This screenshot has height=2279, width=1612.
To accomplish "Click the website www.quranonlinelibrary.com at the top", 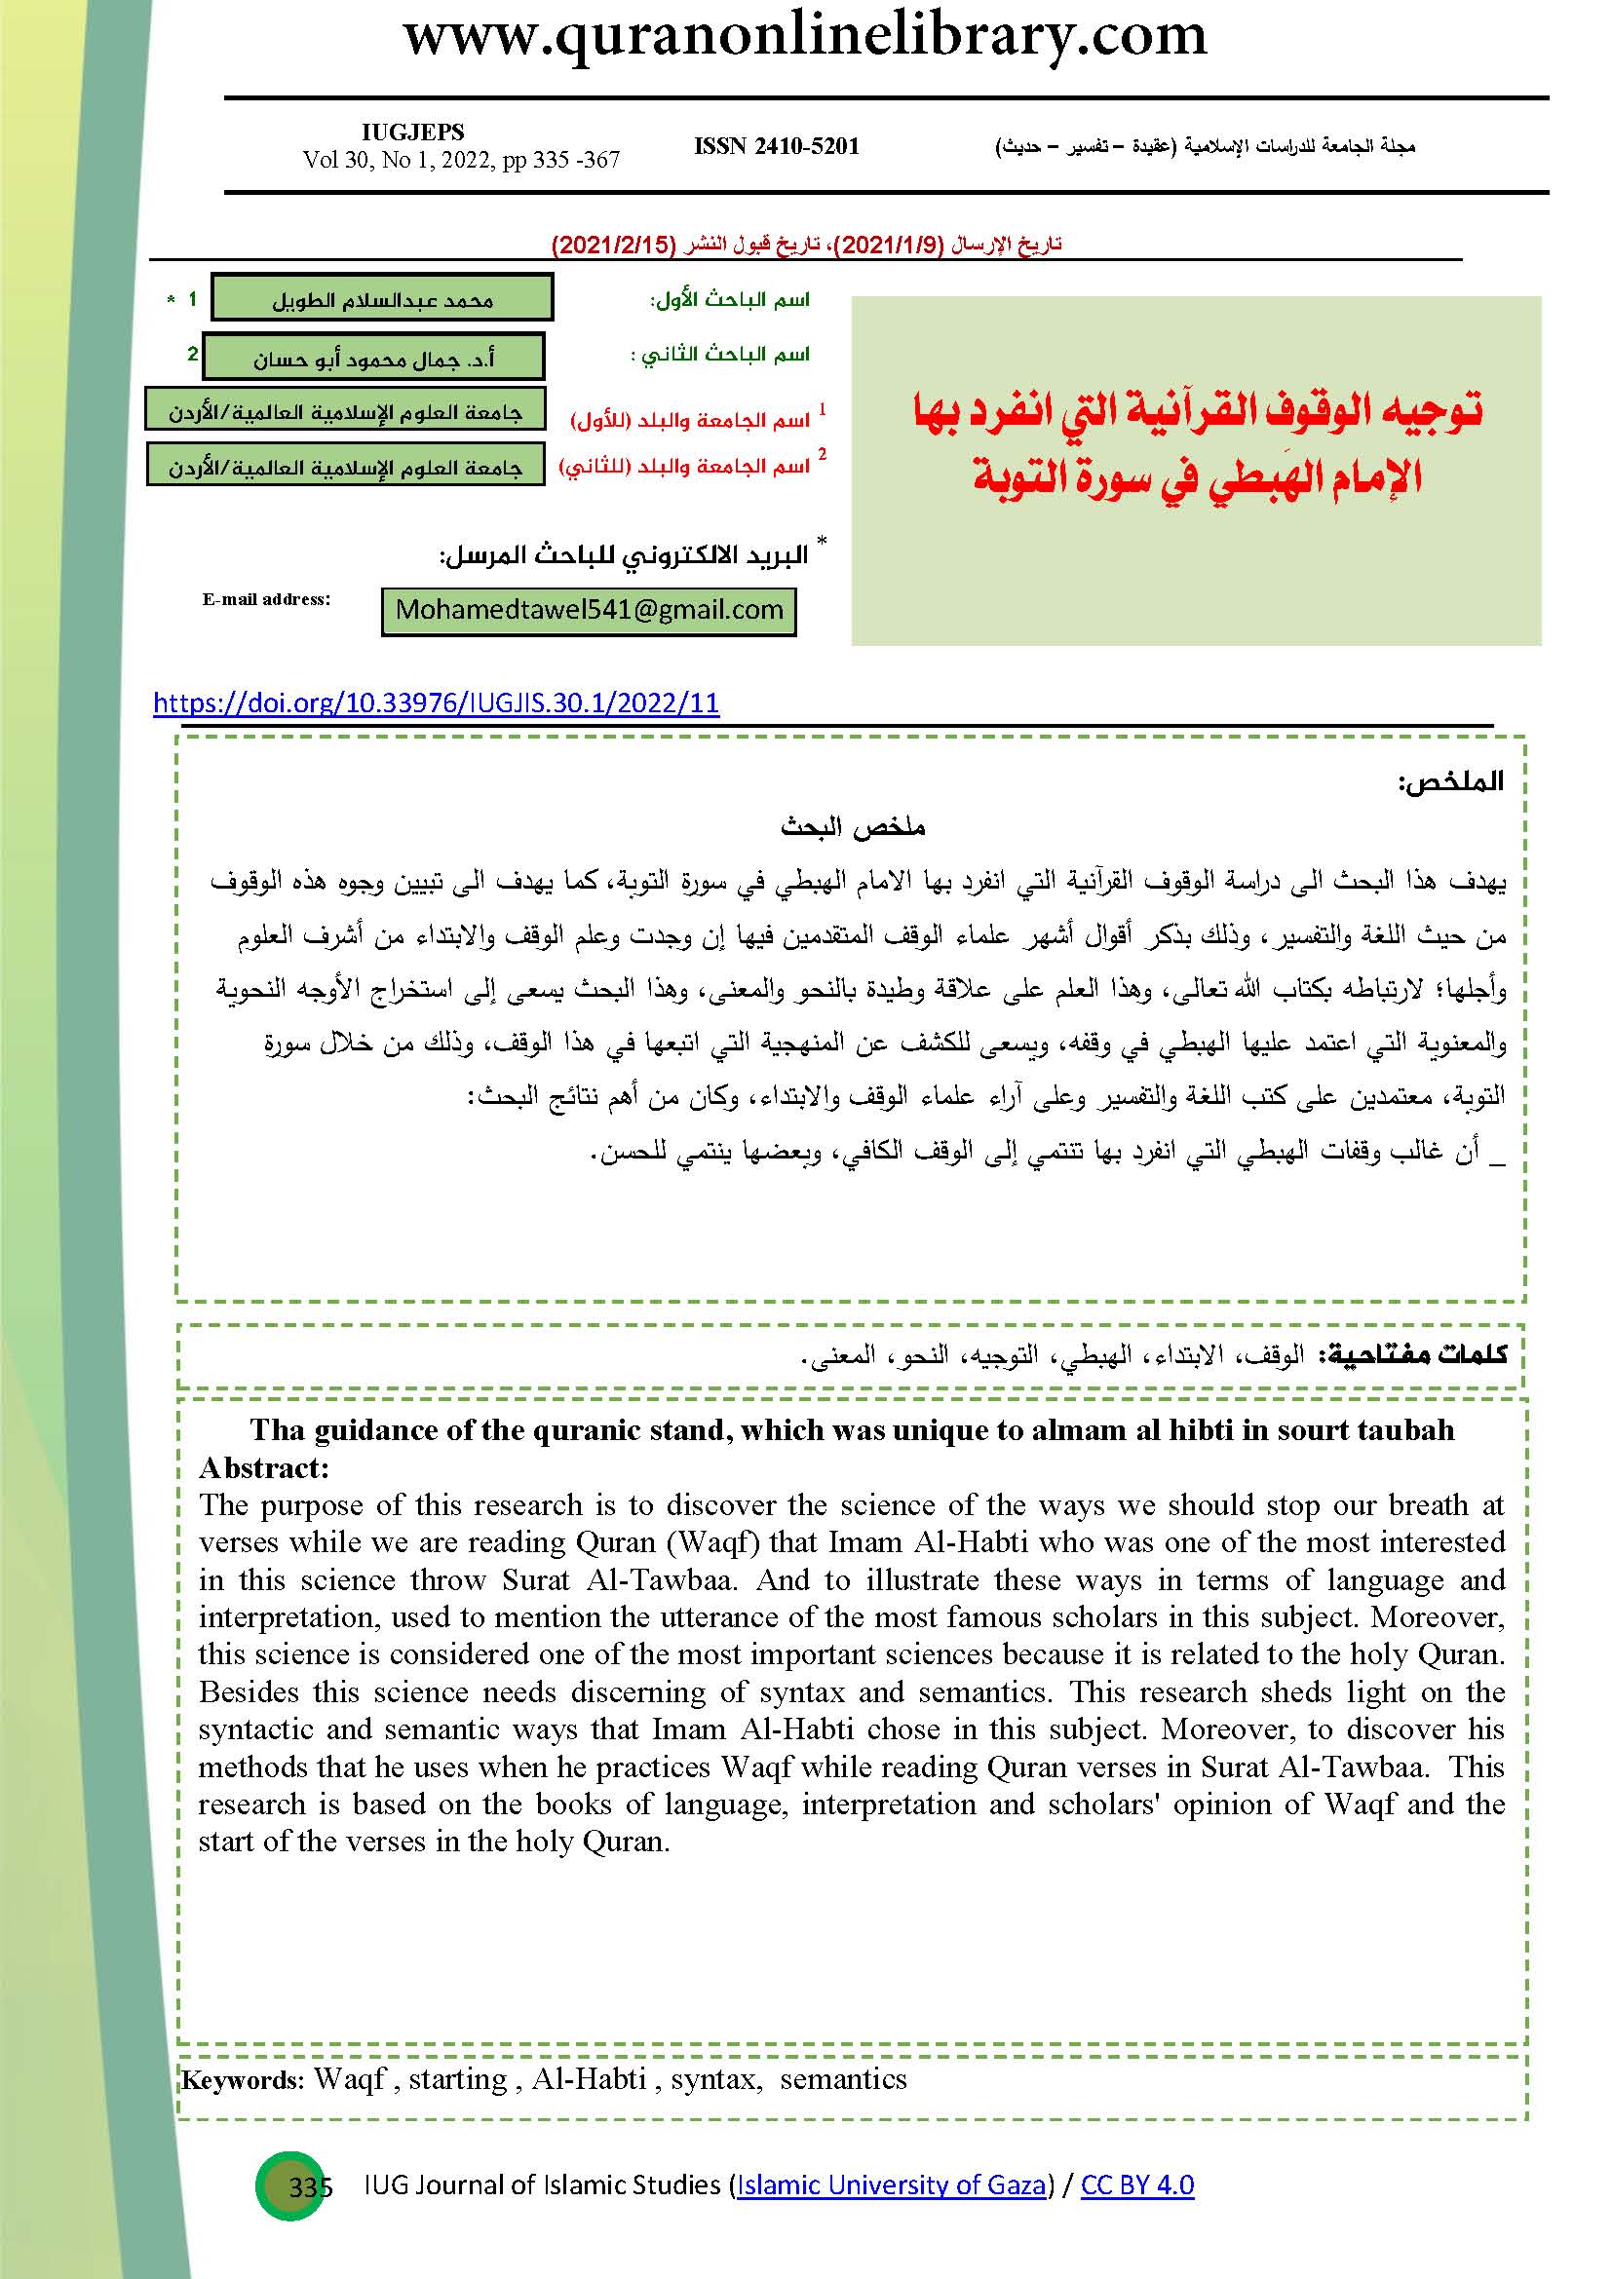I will [805, 37].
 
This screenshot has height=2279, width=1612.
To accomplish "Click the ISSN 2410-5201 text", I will [776, 146].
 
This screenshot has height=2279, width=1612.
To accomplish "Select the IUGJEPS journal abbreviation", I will [413, 131].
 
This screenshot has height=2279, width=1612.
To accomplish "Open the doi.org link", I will [436, 703].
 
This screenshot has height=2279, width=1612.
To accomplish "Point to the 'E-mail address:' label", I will [266, 598].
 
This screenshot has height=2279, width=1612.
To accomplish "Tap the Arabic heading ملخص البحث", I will [853, 826].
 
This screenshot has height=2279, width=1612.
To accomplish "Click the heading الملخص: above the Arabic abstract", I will [1449, 781].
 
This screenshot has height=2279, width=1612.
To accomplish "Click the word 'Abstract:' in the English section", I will [264, 1468].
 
